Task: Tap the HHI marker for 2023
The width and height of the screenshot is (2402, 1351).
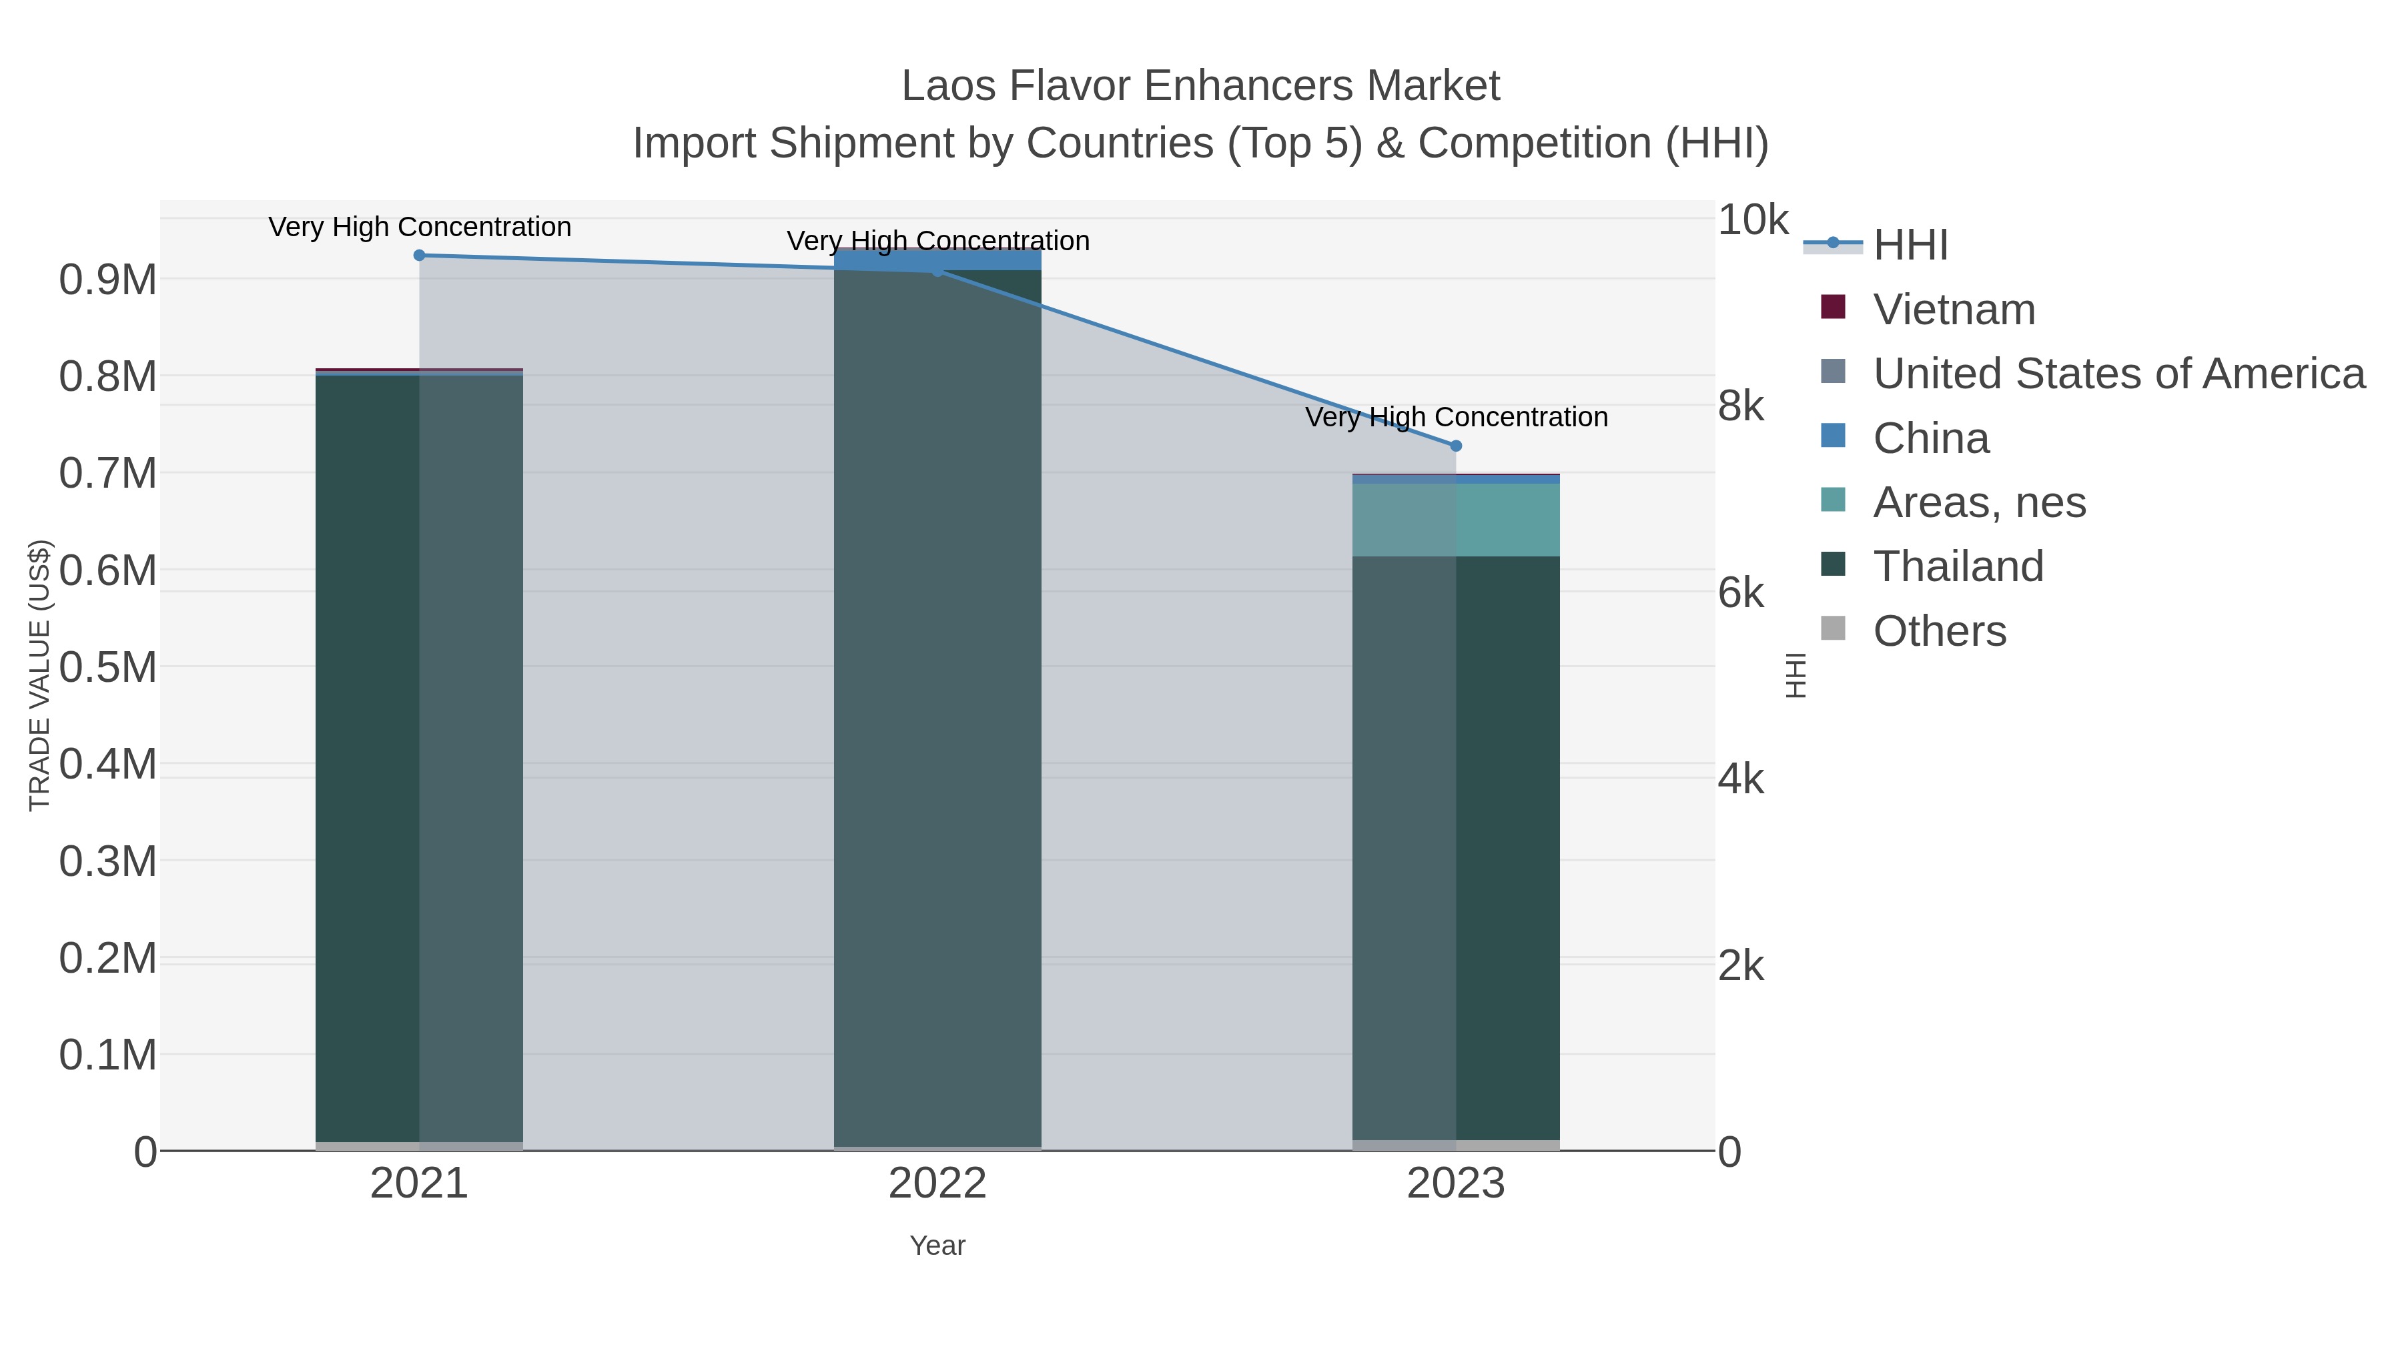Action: tap(1456, 446)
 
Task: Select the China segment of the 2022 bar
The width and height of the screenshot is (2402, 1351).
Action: tap(937, 260)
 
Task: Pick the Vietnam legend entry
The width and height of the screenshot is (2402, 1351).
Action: tap(1954, 310)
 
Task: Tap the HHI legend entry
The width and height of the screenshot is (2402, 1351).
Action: tap(1910, 246)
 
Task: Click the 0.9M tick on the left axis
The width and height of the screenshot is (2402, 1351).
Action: tap(107, 280)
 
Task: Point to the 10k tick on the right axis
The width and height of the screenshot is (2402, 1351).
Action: tap(1752, 221)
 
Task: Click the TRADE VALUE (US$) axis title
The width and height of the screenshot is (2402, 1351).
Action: tap(39, 675)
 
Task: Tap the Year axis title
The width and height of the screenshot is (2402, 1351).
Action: tap(937, 1246)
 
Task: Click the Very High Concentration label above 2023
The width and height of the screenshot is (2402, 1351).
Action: tap(1456, 417)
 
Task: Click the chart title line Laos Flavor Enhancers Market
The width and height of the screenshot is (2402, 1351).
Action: tap(1200, 86)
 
